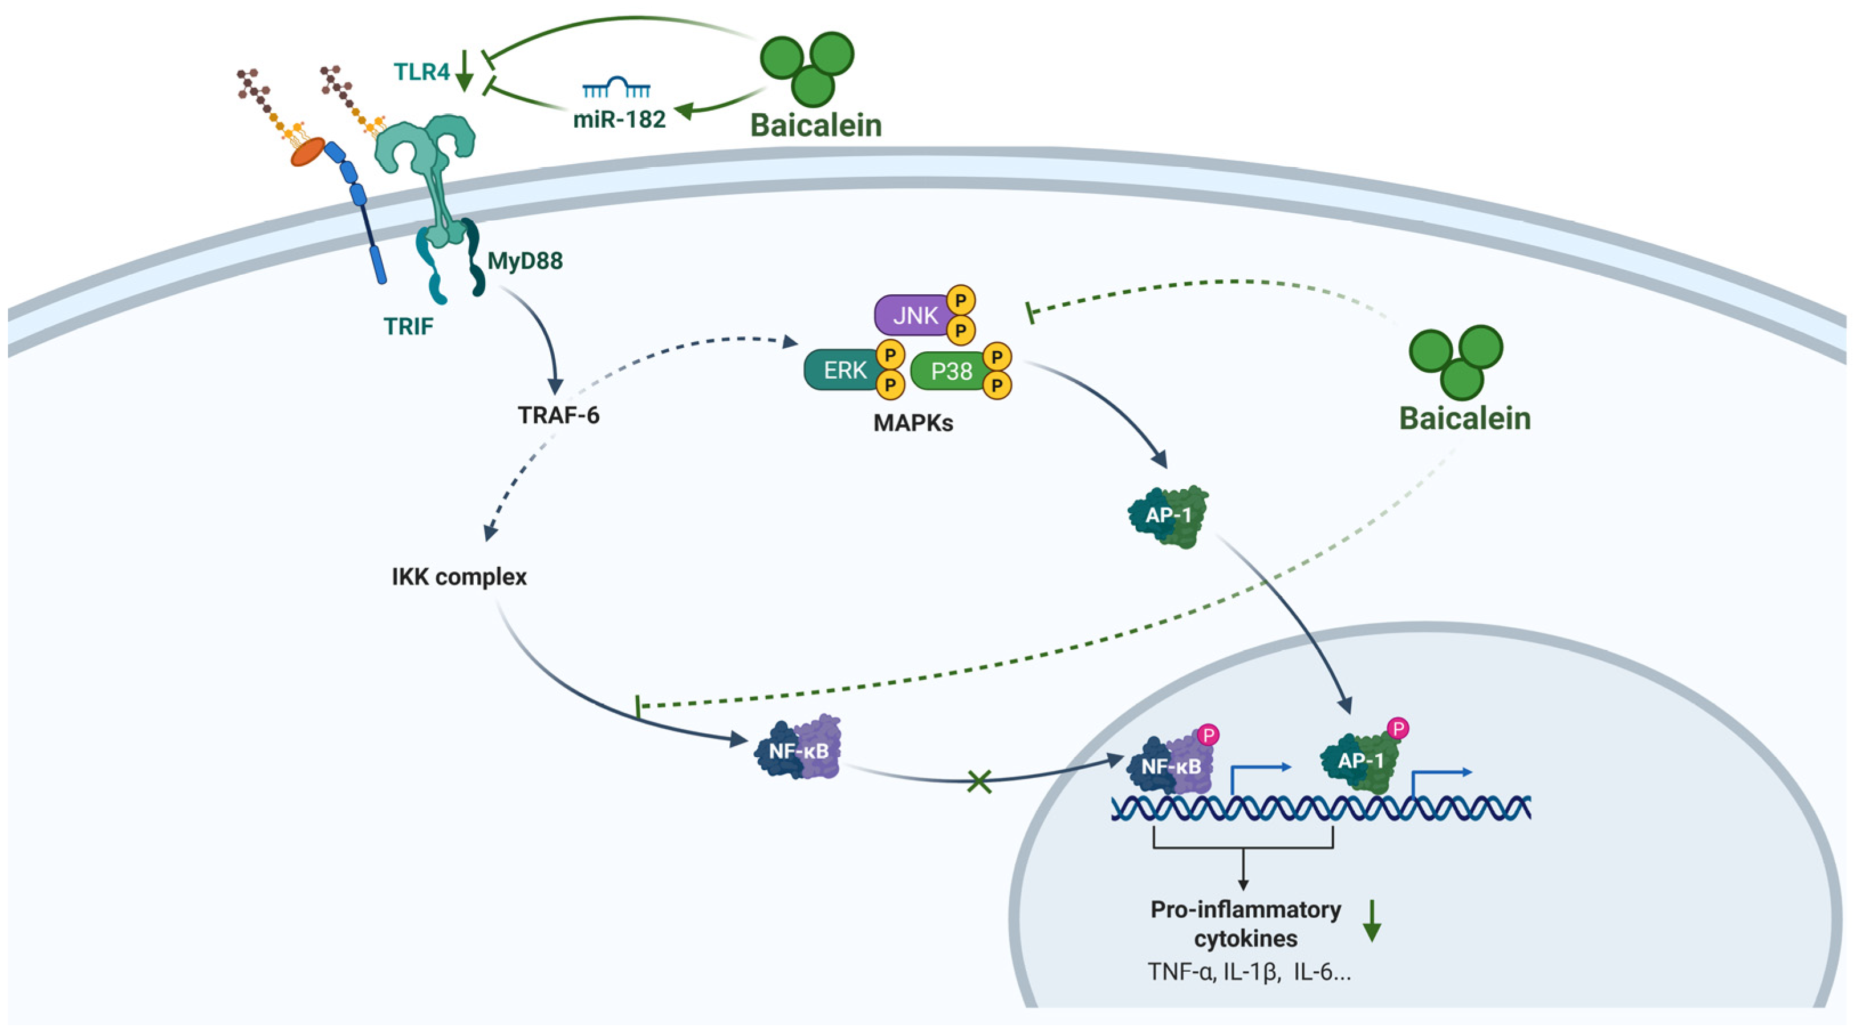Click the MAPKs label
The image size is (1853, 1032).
(913, 423)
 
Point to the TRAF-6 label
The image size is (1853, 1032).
(558, 415)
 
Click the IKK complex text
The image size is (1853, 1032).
(459, 577)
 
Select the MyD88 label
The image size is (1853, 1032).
(525, 261)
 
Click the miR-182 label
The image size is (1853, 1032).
(619, 119)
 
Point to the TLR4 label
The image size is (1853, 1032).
(421, 72)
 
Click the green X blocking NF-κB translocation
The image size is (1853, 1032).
(980, 781)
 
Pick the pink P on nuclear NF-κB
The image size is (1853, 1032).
(1209, 735)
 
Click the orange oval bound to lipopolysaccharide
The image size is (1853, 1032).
(308, 152)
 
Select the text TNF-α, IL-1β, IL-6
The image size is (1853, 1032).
(1248, 972)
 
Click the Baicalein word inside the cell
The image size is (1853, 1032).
(1465, 419)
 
